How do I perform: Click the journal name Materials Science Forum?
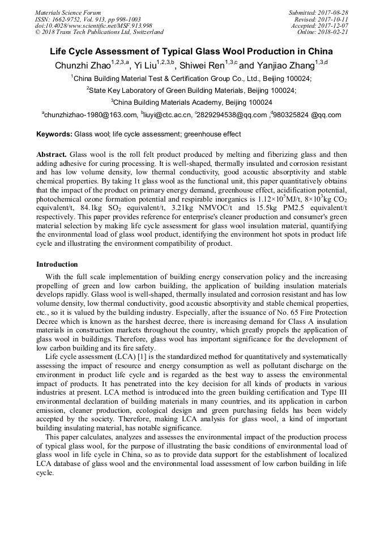68,12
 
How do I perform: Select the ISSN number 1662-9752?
73,19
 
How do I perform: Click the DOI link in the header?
93,25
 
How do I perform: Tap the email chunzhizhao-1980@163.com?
91,115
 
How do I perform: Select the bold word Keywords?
54,135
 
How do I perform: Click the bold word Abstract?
52,155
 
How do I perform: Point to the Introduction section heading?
57,264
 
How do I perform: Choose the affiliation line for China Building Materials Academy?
192,102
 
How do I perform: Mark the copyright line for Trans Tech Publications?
99,32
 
